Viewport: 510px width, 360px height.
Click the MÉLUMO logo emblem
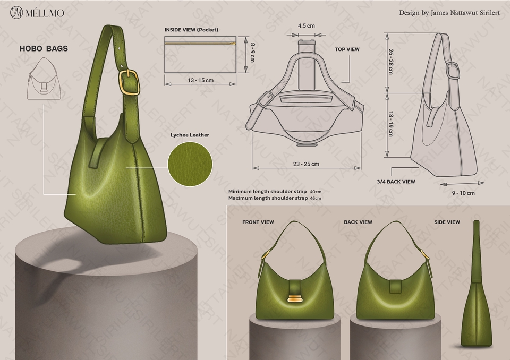tap(16, 13)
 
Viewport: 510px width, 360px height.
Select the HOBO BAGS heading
tap(44, 48)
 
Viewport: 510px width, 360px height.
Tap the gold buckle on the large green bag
tap(129, 82)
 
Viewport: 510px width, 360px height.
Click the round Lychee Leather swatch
tap(190, 164)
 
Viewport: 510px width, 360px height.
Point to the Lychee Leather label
tap(190, 135)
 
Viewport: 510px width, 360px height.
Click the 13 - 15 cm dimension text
tap(200, 80)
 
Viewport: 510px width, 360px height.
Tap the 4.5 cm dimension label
tap(307, 25)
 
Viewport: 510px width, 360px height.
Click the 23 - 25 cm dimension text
tap(306, 164)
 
